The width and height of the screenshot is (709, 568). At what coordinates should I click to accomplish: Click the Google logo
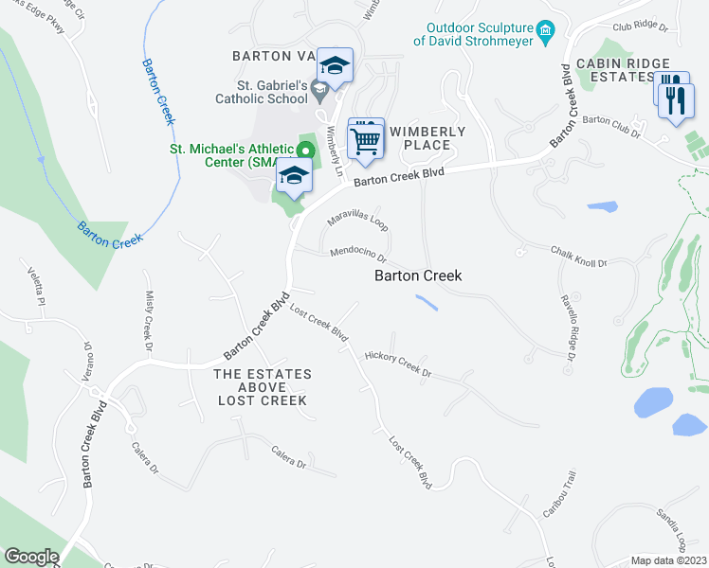30,557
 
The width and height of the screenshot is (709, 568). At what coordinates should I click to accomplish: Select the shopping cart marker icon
365,140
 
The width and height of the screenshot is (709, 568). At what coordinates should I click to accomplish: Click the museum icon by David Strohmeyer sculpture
545,33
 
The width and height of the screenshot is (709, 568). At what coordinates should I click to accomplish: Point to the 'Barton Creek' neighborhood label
418,275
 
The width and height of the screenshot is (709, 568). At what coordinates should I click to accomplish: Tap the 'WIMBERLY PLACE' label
427,138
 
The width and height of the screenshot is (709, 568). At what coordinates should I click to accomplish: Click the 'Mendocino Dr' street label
358,254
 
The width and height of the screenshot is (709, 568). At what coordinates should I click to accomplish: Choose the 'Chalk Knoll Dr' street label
578,257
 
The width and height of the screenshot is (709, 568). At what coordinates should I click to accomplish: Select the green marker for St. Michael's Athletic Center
305,150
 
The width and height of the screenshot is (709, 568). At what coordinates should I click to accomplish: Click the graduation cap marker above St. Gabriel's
334,64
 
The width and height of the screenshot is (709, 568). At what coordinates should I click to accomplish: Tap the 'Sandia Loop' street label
669,530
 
